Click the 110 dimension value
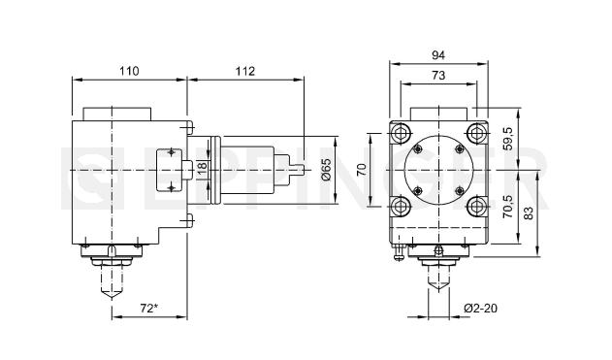click(129, 71)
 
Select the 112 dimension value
click(245, 71)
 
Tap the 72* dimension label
click(149, 309)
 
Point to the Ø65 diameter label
click(327, 169)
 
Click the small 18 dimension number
click(202, 168)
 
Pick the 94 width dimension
click(438, 55)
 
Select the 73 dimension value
click(438, 75)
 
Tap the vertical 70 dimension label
click(362, 170)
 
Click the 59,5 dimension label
click(508, 139)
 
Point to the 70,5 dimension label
click(508, 206)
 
